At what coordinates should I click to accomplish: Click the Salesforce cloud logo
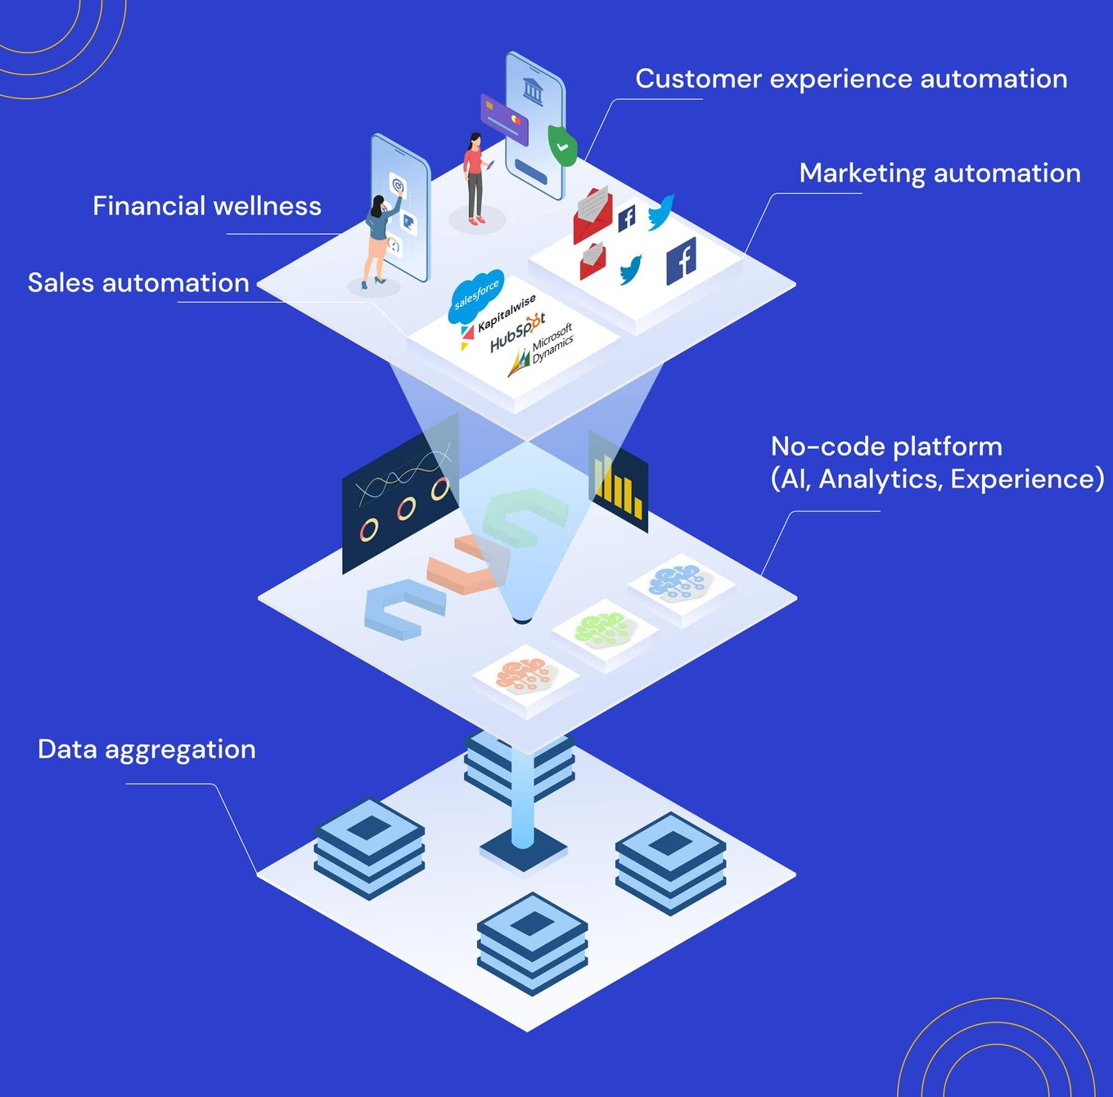475,294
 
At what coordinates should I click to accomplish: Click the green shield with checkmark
562,146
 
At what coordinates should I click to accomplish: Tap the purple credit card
504,119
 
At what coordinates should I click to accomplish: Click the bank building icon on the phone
533,89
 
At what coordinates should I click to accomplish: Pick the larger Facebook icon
681,261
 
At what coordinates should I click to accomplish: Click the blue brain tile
680,582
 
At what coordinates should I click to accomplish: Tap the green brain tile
604,629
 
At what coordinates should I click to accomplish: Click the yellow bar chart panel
618,483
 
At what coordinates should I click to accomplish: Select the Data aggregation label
146,749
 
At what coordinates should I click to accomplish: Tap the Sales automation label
138,283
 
